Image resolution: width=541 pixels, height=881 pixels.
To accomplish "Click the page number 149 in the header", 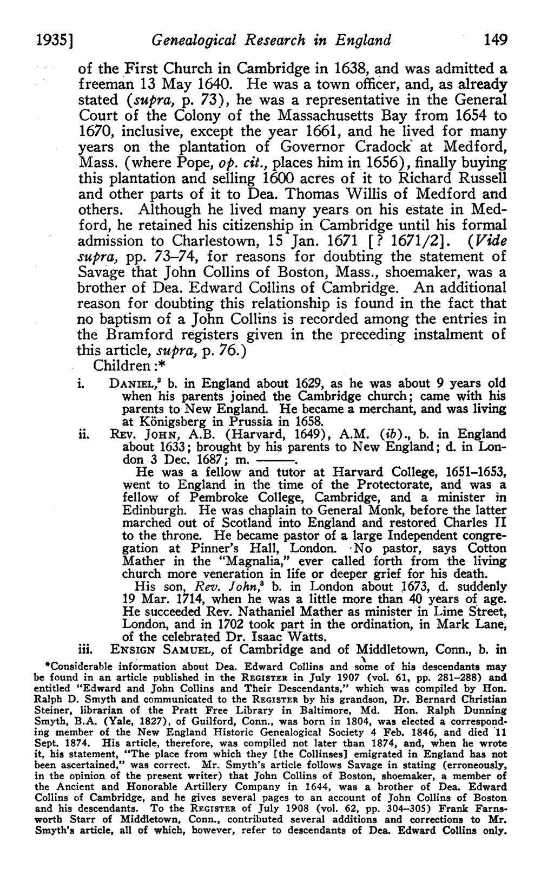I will [496, 40].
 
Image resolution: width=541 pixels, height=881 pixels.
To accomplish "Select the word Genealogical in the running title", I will [190, 40].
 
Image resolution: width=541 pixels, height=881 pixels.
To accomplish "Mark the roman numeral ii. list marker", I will [84, 434].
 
